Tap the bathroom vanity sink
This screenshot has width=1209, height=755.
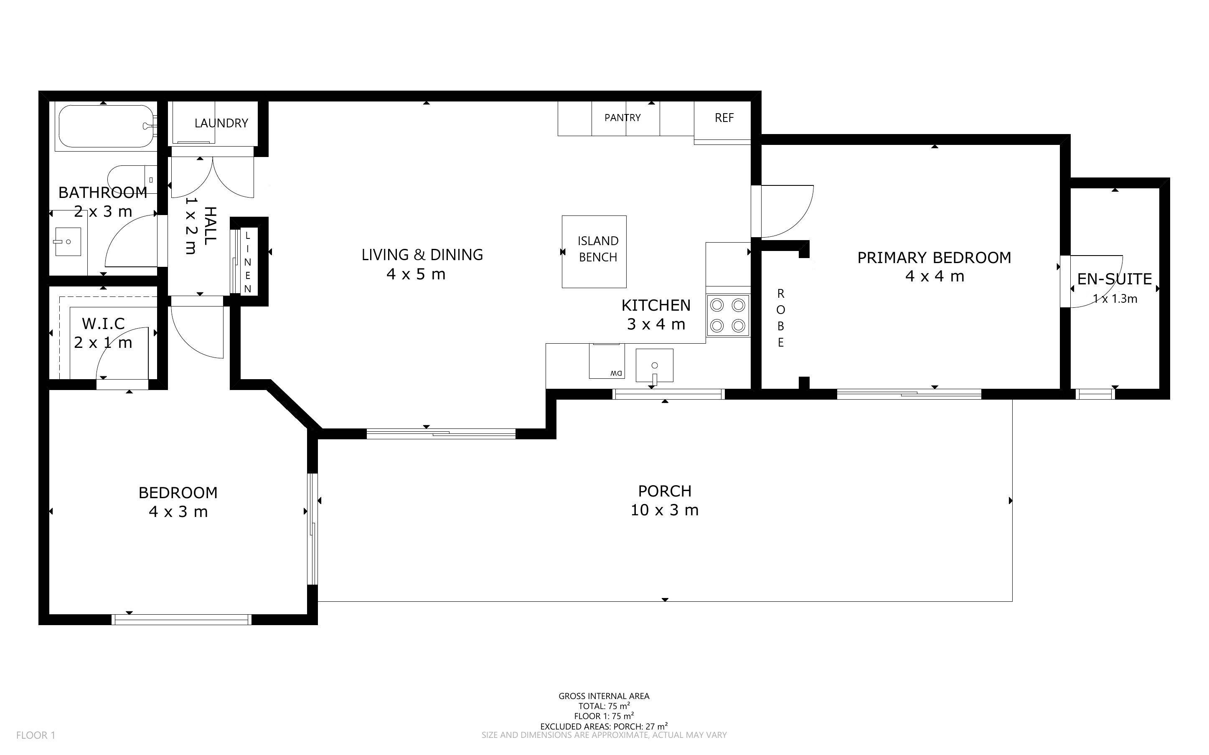click(68, 242)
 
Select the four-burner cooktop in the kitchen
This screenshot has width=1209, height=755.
click(728, 315)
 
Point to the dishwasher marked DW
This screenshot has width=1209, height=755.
click(607, 360)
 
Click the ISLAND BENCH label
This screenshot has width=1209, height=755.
click(598, 249)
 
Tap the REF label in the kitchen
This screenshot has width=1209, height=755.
click(724, 118)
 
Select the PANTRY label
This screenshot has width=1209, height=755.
click(622, 117)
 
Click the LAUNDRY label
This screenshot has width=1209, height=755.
click(221, 123)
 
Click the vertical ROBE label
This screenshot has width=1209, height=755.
click(780, 318)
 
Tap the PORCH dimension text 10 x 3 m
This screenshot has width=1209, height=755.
click(664, 510)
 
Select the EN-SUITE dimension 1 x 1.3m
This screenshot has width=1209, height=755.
click(1115, 299)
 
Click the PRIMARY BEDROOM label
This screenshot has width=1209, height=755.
click(934, 258)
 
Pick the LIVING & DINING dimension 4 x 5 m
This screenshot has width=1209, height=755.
click(416, 274)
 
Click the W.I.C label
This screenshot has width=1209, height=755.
click(103, 324)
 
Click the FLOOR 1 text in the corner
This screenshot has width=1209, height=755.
click(36, 735)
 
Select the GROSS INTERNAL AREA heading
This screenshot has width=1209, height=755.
click(604, 696)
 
